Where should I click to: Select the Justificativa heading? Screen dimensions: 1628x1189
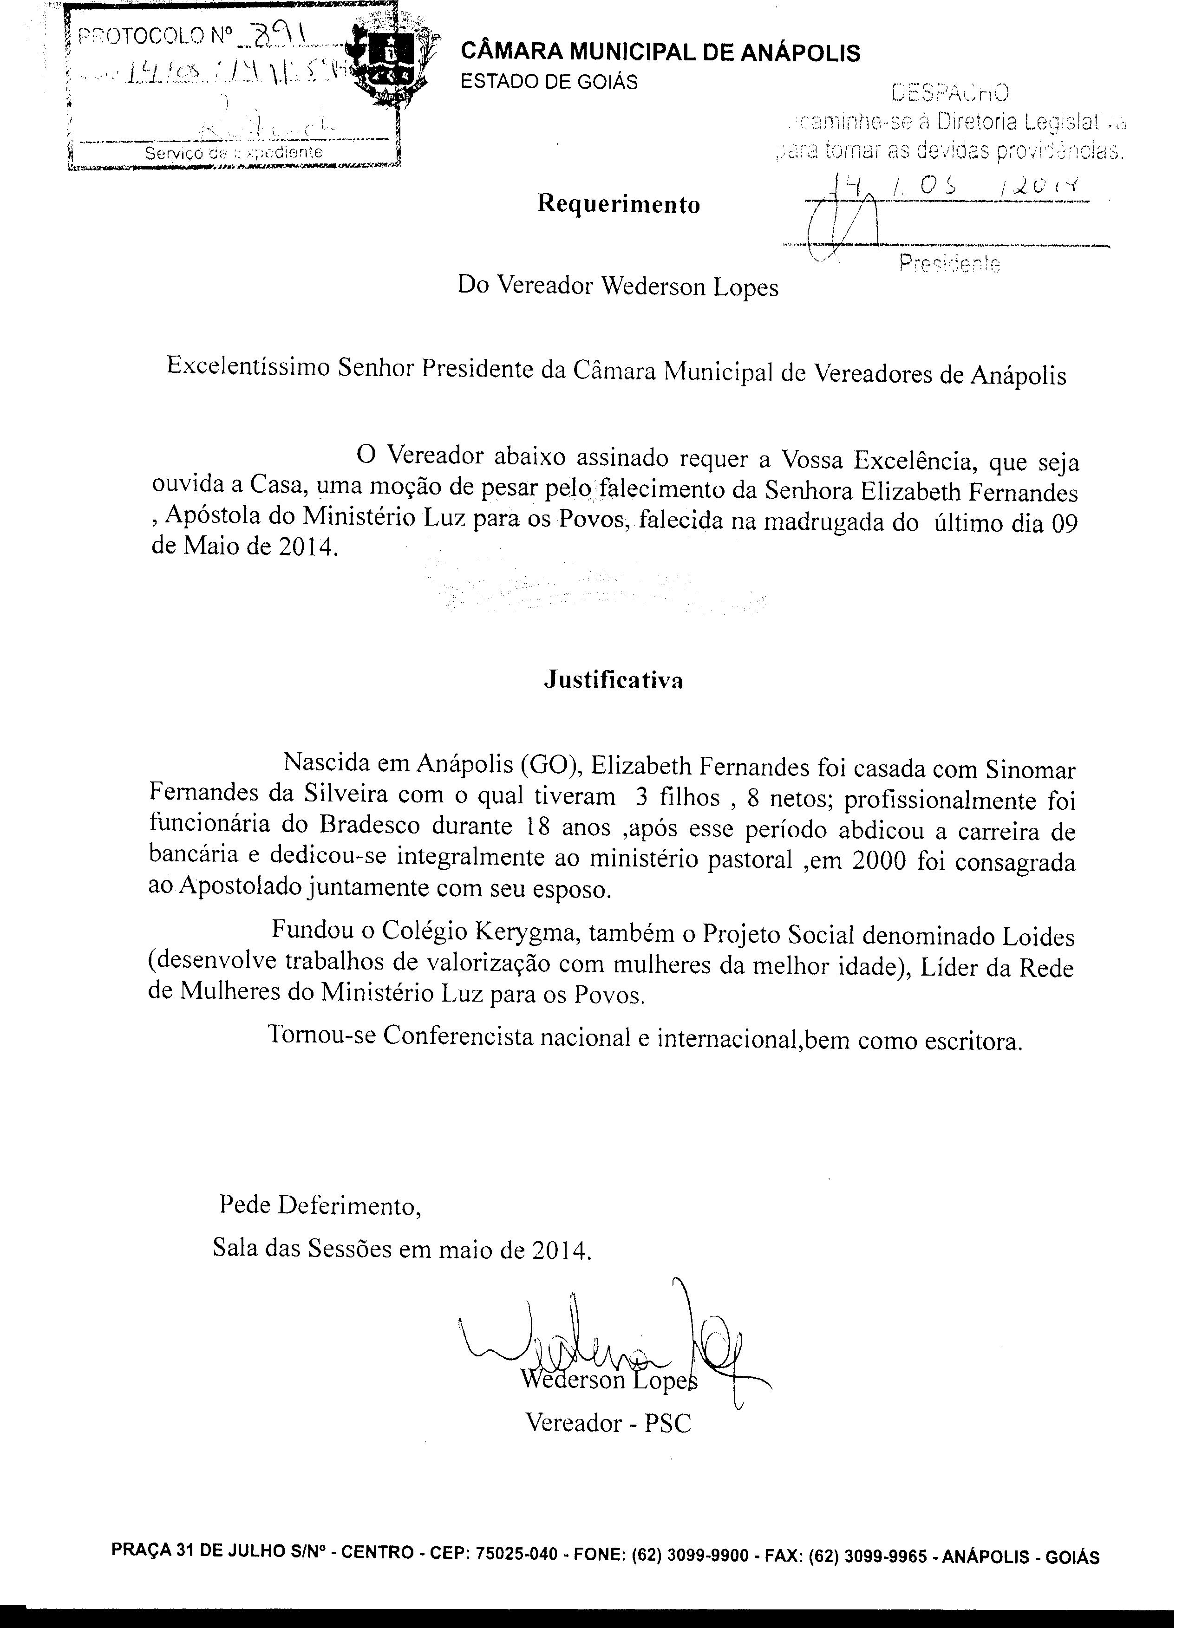[x=613, y=680]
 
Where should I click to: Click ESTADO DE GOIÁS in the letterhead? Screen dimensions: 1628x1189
[x=549, y=82]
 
